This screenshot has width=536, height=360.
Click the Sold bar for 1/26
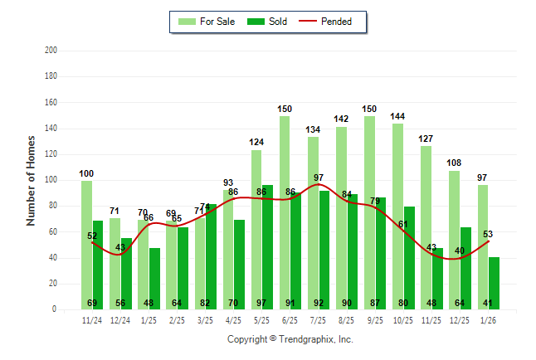[495, 283]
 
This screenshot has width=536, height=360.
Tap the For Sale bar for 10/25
[397, 216]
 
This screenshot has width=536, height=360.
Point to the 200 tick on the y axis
[51, 51]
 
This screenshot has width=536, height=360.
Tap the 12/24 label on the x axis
[120, 319]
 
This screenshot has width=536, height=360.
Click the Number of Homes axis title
[32, 180]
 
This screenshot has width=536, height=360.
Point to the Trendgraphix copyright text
[290, 339]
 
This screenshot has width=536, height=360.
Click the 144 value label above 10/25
[397, 116]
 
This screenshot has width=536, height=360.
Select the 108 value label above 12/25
[454, 163]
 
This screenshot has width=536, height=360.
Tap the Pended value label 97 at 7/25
[319, 178]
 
